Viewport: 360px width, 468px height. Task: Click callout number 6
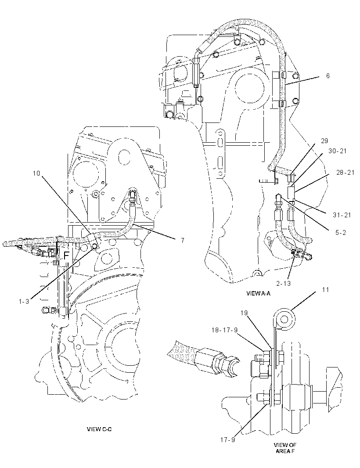pyautogui.click(x=328, y=76)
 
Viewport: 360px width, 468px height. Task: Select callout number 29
pyautogui.click(x=324, y=141)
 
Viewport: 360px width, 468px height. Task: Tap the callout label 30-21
pyautogui.click(x=338, y=151)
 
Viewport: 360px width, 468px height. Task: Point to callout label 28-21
pyautogui.click(x=346, y=173)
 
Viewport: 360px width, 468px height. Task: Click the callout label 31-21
pyautogui.click(x=342, y=215)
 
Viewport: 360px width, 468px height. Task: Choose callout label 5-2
pyautogui.click(x=341, y=233)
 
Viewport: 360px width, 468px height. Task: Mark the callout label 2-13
pyautogui.click(x=283, y=283)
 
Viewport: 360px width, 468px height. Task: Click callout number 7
pyautogui.click(x=183, y=240)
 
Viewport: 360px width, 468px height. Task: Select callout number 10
pyautogui.click(x=36, y=173)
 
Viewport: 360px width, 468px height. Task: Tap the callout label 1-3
pyautogui.click(x=24, y=302)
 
